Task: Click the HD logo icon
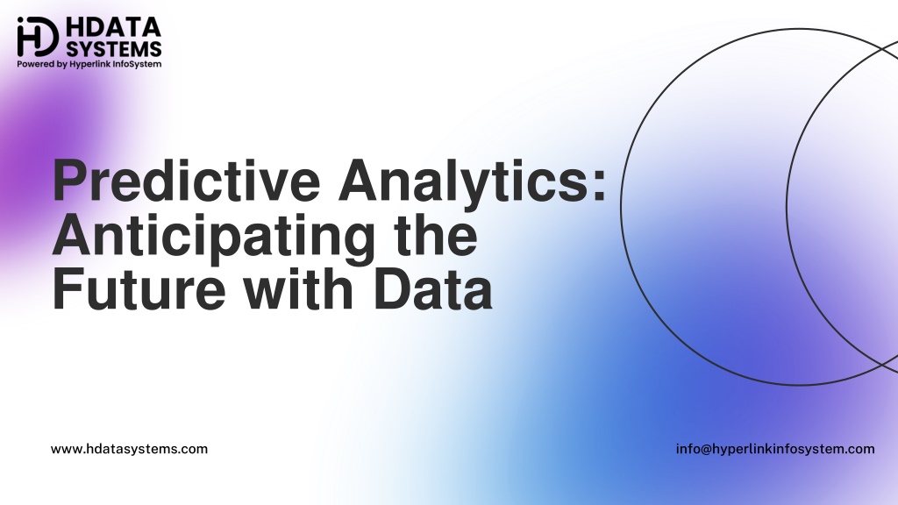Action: tap(38, 37)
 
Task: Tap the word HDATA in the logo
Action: tap(113, 27)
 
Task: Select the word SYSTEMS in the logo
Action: tap(113, 48)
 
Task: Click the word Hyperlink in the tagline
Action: tap(90, 64)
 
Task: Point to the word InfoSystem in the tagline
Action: tap(137, 63)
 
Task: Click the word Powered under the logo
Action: tap(35, 63)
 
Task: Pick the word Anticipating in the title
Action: tap(214, 237)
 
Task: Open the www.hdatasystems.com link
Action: tap(130, 449)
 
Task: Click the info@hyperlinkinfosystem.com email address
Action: tap(775, 449)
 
